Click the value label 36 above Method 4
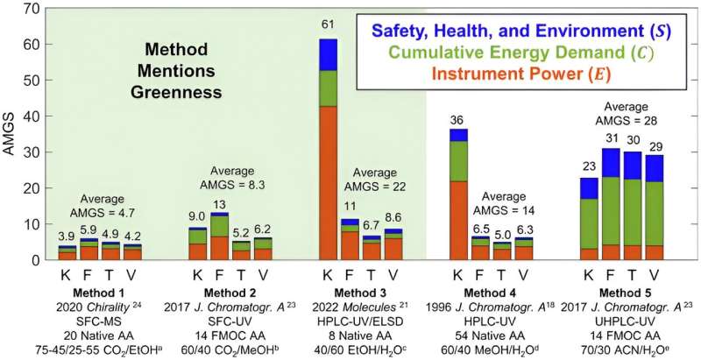(458, 121)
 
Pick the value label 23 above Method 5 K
(589, 168)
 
